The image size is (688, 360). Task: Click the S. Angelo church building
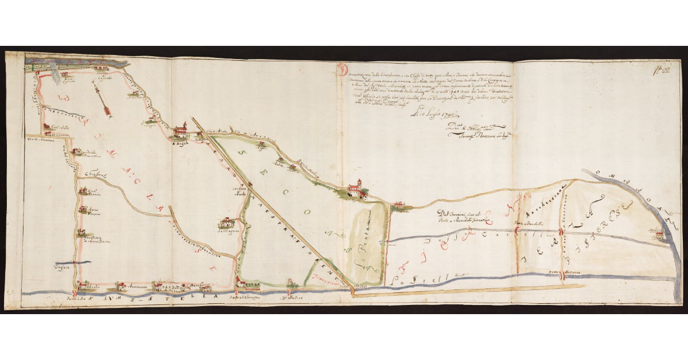180,131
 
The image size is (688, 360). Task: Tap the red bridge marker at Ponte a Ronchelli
517,230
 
